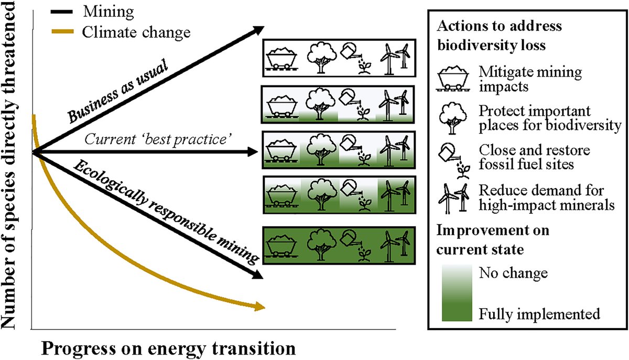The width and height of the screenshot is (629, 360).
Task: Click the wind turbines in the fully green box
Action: point(395,246)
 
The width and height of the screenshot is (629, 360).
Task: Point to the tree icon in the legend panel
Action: point(451,118)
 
